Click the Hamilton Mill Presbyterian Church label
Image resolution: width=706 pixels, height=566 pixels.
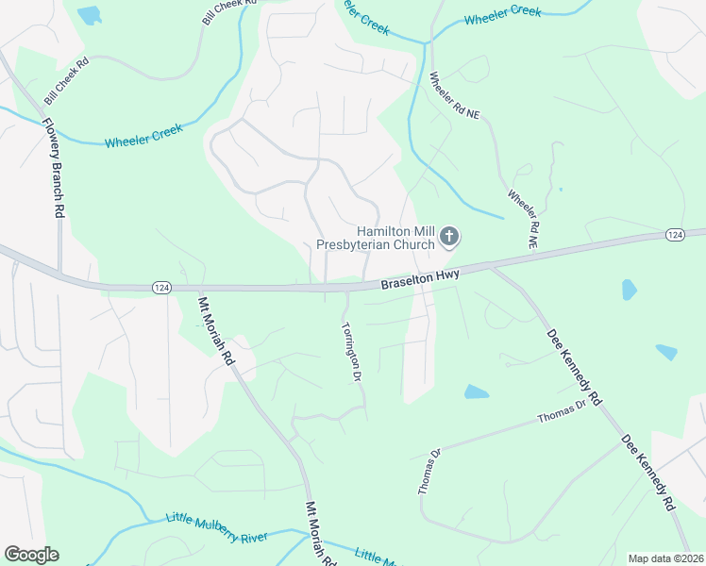[395, 238]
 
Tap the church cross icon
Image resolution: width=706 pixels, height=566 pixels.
[449, 237]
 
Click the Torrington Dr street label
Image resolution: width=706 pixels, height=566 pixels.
[351, 351]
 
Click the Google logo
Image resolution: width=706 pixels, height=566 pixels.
[31, 555]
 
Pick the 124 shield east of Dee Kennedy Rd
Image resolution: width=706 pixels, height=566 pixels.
[674, 234]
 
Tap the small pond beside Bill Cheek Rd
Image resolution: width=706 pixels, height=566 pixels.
[89, 15]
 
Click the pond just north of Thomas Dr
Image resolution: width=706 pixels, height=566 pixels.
[477, 391]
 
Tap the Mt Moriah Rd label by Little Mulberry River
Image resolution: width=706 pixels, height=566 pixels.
[320, 533]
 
